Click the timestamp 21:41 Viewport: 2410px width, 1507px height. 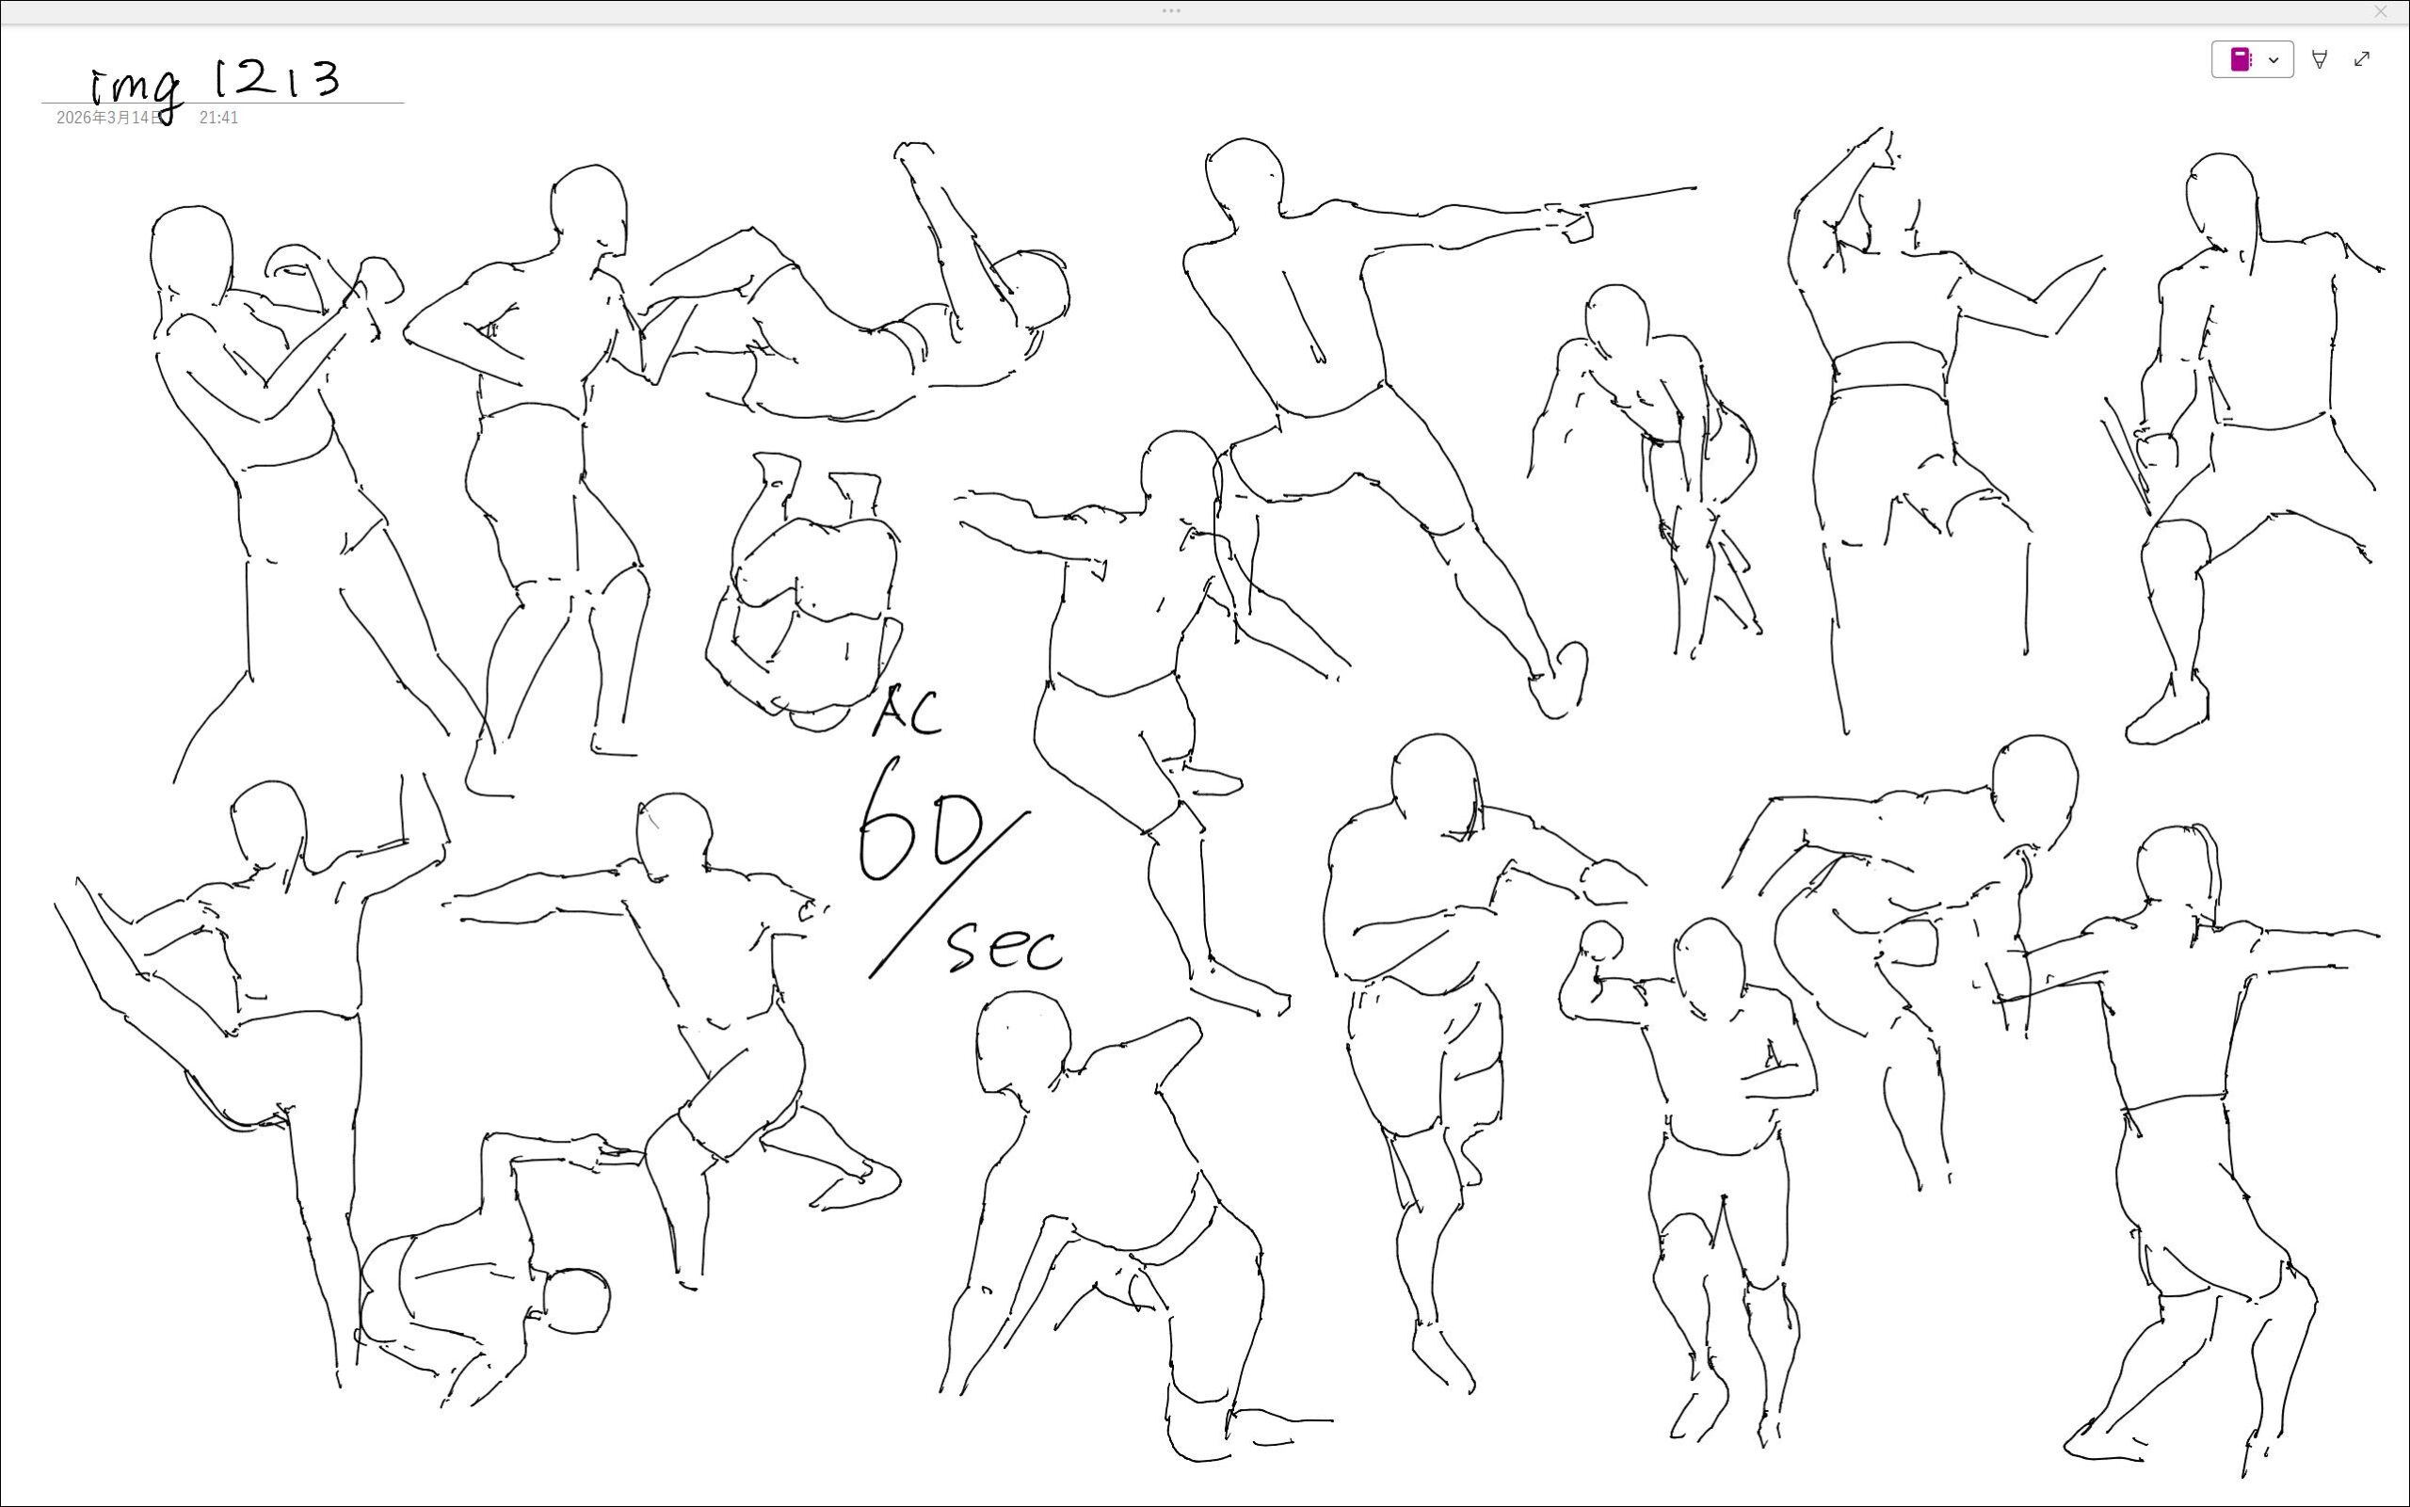pos(218,118)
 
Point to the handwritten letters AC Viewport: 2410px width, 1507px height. pos(907,711)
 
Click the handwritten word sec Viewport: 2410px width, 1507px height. pos(1004,946)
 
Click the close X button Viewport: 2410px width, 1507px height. pos(2380,12)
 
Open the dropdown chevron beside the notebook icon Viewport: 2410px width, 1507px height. pos(2273,60)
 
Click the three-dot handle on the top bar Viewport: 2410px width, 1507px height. pos(1171,11)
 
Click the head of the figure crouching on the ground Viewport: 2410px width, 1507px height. pos(576,1301)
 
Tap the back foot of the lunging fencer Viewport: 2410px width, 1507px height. pos(1560,681)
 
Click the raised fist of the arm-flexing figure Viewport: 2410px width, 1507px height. pos(1601,940)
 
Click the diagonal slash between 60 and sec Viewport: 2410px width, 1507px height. pos(949,895)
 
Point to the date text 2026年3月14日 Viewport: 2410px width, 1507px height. pos(108,118)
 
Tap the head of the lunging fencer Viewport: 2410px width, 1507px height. pos(1244,175)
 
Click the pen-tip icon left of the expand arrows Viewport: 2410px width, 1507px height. pos(2320,60)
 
